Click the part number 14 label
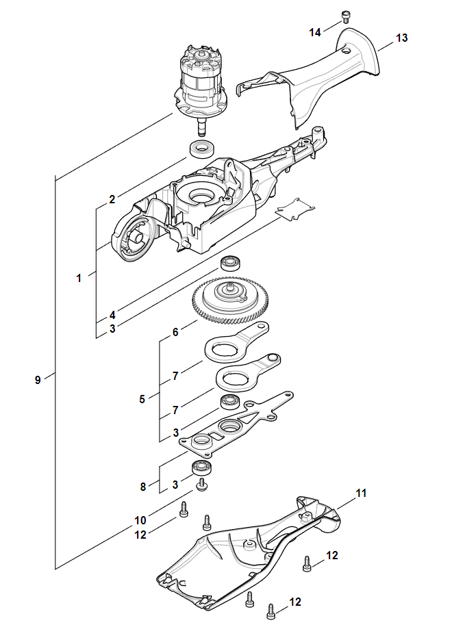tap(315, 32)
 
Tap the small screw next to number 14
tap(346, 18)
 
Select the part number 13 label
tap(402, 38)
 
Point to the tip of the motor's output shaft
tap(203, 134)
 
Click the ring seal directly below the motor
tap(203, 149)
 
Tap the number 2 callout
tap(112, 199)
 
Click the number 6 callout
tap(175, 332)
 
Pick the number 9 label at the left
tap(38, 380)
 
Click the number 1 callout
tap(79, 278)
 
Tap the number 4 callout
tap(112, 315)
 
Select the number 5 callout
tap(142, 399)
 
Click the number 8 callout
tap(143, 487)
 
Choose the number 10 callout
tap(140, 520)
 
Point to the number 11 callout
tap(361, 494)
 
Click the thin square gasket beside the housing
tap(295, 209)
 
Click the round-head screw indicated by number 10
tap(202, 486)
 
